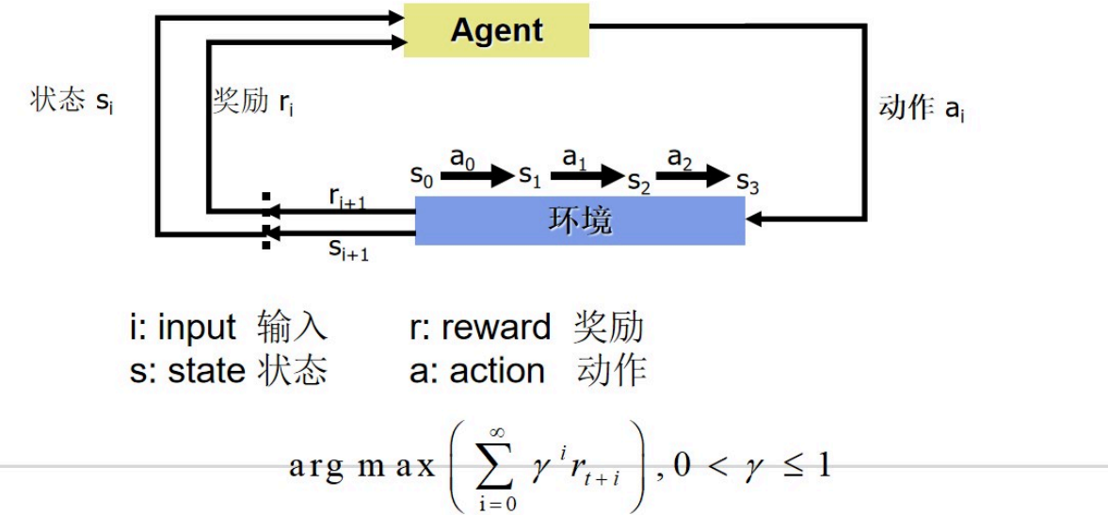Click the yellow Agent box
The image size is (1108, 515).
coord(496,30)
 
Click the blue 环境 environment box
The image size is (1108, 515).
coord(580,220)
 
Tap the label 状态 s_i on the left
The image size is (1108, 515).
coord(72,102)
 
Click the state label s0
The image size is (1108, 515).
coord(420,175)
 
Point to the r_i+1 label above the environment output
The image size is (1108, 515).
coord(348,196)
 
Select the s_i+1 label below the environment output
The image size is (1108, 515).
coord(348,249)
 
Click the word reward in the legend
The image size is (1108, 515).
coord(496,328)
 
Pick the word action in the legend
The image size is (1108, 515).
coord(497,371)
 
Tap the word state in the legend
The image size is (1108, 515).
coord(207,371)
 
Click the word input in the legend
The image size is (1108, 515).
coord(197,328)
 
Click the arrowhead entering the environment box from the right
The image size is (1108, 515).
coord(753,220)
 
